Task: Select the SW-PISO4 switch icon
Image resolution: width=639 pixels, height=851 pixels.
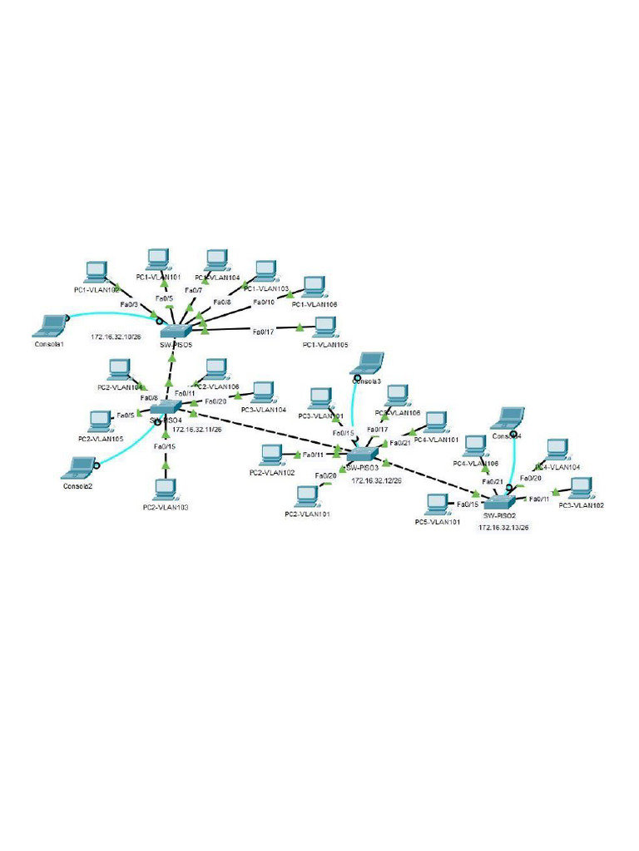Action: [166, 406]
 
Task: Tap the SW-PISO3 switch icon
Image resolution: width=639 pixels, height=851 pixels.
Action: [363, 455]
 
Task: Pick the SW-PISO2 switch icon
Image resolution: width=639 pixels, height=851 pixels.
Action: [500, 502]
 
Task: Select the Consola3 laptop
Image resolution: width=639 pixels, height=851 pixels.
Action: [369, 363]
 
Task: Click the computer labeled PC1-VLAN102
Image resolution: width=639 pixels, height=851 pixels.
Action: [97, 272]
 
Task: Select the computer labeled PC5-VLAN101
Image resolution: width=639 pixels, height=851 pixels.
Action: [437, 504]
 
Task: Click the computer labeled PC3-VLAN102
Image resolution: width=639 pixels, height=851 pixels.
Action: [580, 489]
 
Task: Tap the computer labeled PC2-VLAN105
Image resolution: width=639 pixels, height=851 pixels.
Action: [101, 421]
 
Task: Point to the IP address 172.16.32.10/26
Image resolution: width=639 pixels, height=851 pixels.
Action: [116, 337]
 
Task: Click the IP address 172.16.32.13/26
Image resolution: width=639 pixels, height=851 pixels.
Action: [503, 527]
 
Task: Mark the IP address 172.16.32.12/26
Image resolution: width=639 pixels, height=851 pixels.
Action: [376, 480]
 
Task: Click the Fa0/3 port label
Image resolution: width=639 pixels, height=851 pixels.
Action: [130, 306]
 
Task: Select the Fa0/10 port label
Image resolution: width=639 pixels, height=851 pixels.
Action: [263, 302]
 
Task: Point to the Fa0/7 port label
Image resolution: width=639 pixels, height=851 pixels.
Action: [193, 290]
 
